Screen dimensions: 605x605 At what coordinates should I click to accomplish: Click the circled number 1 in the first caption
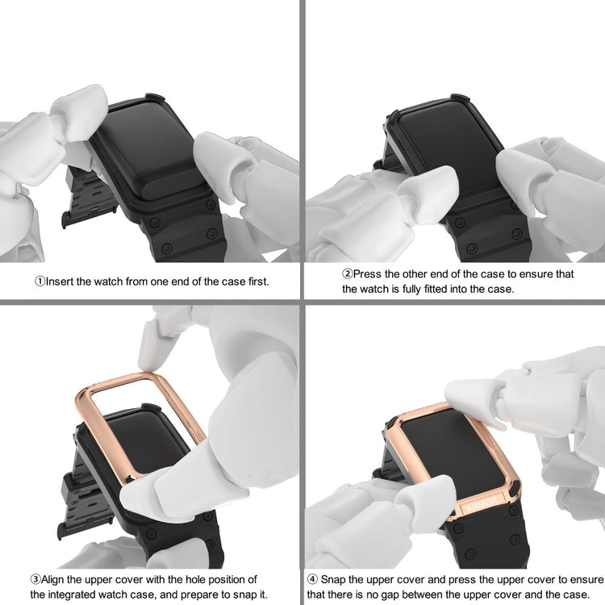40,282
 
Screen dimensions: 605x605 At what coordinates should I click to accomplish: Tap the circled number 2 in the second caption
347,274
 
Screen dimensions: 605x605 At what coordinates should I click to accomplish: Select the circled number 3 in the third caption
35,579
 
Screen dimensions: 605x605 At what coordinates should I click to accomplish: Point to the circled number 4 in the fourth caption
312,579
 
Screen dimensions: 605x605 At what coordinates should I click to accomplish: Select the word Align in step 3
53,579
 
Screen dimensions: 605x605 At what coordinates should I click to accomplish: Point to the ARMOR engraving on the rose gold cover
482,504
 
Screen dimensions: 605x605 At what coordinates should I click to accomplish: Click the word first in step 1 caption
258,282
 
